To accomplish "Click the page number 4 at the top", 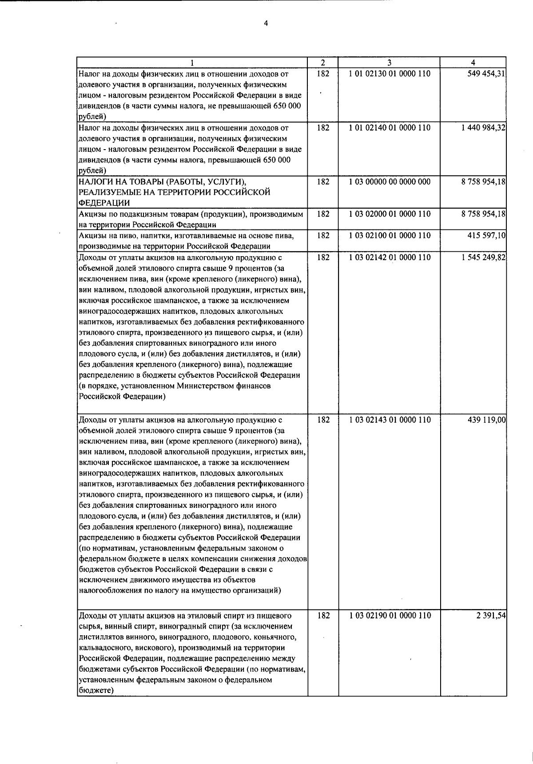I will [x=266, y=24].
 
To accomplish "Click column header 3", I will [x=389, y=63].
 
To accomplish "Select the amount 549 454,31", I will [x=484, y=74].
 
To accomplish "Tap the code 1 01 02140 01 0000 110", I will [x=390, y=128].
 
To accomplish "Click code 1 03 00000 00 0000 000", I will [x=390, y=182].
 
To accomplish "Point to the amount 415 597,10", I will [x=484, y=235].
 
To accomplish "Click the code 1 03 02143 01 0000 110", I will [x=390, y=420].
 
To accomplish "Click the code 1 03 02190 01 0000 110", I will [x=390, y=615].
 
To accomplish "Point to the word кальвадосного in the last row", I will [x=100, y=648].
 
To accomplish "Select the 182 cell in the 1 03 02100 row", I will [x=323, y=235].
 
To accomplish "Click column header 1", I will [x=192, y=63].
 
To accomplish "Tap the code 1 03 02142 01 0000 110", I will [x=390, y=257].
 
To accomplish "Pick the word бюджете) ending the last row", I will [x=96, y=690].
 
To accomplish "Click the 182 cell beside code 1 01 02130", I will [x=323, y=74].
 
